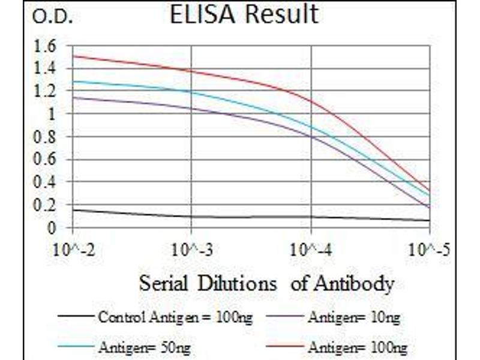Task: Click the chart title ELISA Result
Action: coord(244,15)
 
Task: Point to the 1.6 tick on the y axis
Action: coord(46,46)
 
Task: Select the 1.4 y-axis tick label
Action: coord(46,68)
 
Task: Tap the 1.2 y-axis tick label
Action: coord(46,91)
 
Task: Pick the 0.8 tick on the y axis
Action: coord(46,137)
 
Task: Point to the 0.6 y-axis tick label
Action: coord(46,160)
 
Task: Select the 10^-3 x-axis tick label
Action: coord(192,248)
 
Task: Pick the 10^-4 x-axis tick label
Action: coord(311,248)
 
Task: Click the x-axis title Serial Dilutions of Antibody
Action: coord(266,283)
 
